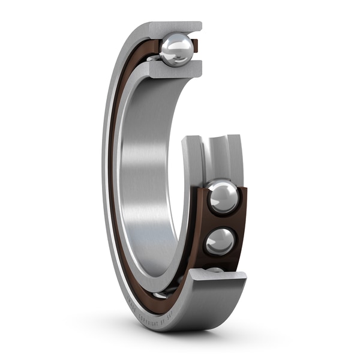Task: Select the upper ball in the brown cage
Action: pyautogui.click(x=223, y=197)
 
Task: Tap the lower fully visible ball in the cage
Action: pyautogui.click(x=220, y=241)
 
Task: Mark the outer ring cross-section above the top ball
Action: pyautogui.click(x=174, y=28)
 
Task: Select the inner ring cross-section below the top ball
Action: pyautogui.click(x=174, y=70)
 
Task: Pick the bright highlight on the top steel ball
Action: pyautogui.click(x=172, y=43)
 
